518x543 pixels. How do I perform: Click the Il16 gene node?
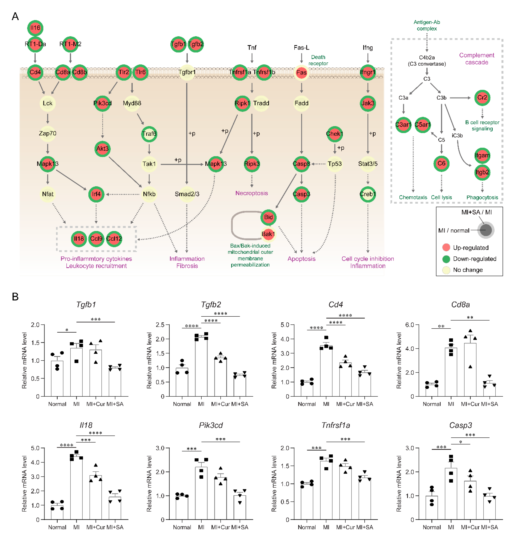click(x=35, y=28)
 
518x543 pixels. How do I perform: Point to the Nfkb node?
click(x=149, y=194)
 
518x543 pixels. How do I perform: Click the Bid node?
click(x=268, y=217)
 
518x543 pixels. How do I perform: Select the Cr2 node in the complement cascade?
click(x=482, y=98)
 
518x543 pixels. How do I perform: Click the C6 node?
click(x=441, y=163)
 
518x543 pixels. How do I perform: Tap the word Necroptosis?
click(x=252, y=193)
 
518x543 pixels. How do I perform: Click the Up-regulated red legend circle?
click(x=446, y=248)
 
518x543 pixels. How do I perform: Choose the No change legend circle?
click(x=446, y=270)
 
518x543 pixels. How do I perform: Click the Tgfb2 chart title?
click(x=211, y=304)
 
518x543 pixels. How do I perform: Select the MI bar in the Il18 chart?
click(x=76, y=489)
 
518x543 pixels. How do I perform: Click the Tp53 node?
click(x=335, y=164)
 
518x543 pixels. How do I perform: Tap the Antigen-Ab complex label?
click(x=427, y=25)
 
